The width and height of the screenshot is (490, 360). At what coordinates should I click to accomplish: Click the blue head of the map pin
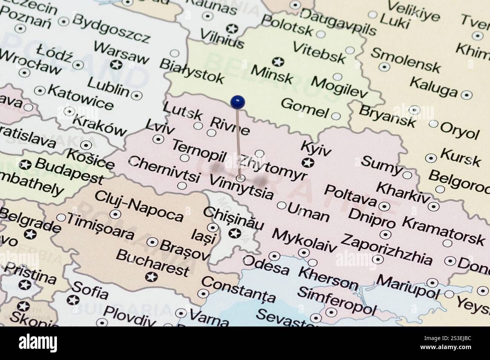click(238, 101)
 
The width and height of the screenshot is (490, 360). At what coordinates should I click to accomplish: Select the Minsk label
click(272, 74)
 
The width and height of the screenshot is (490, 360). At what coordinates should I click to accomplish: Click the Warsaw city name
click(121, 53)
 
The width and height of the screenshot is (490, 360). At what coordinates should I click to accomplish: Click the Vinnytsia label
click(241, 187)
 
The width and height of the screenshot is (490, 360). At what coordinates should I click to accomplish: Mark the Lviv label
click(160, 127)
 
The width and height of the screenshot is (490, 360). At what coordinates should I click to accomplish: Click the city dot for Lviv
click(158, 139)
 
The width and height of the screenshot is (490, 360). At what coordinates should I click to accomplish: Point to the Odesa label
click(266, 265)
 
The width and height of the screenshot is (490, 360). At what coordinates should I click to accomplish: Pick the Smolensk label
click(405, 60)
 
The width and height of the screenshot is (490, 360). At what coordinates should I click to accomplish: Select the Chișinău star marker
click(235, 233)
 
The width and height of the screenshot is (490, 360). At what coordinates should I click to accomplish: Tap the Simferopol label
click(336, 300)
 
